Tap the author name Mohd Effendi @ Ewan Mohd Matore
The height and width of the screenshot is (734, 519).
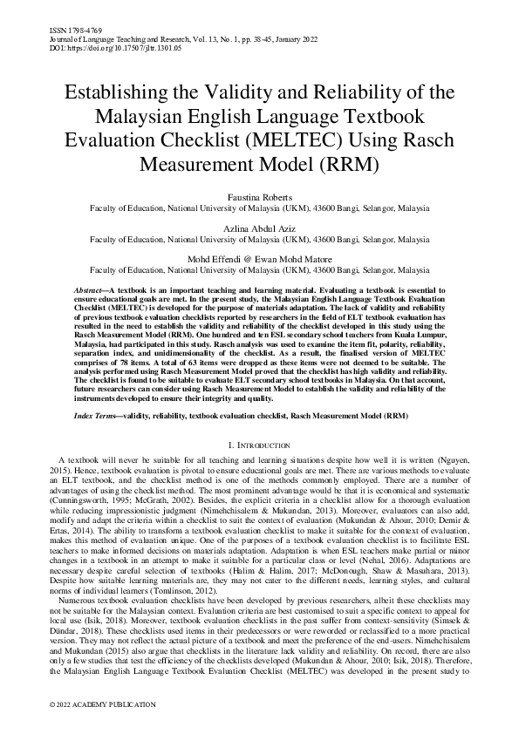(258, 259)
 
